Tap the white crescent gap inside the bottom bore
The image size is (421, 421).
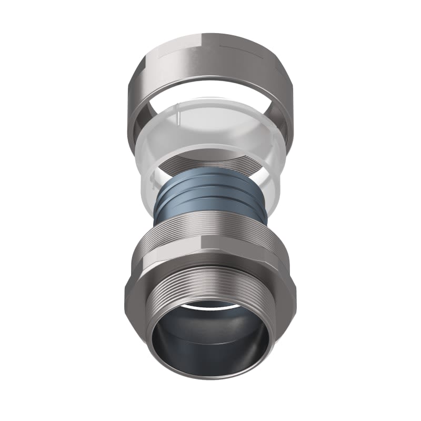(x=210, y=304)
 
